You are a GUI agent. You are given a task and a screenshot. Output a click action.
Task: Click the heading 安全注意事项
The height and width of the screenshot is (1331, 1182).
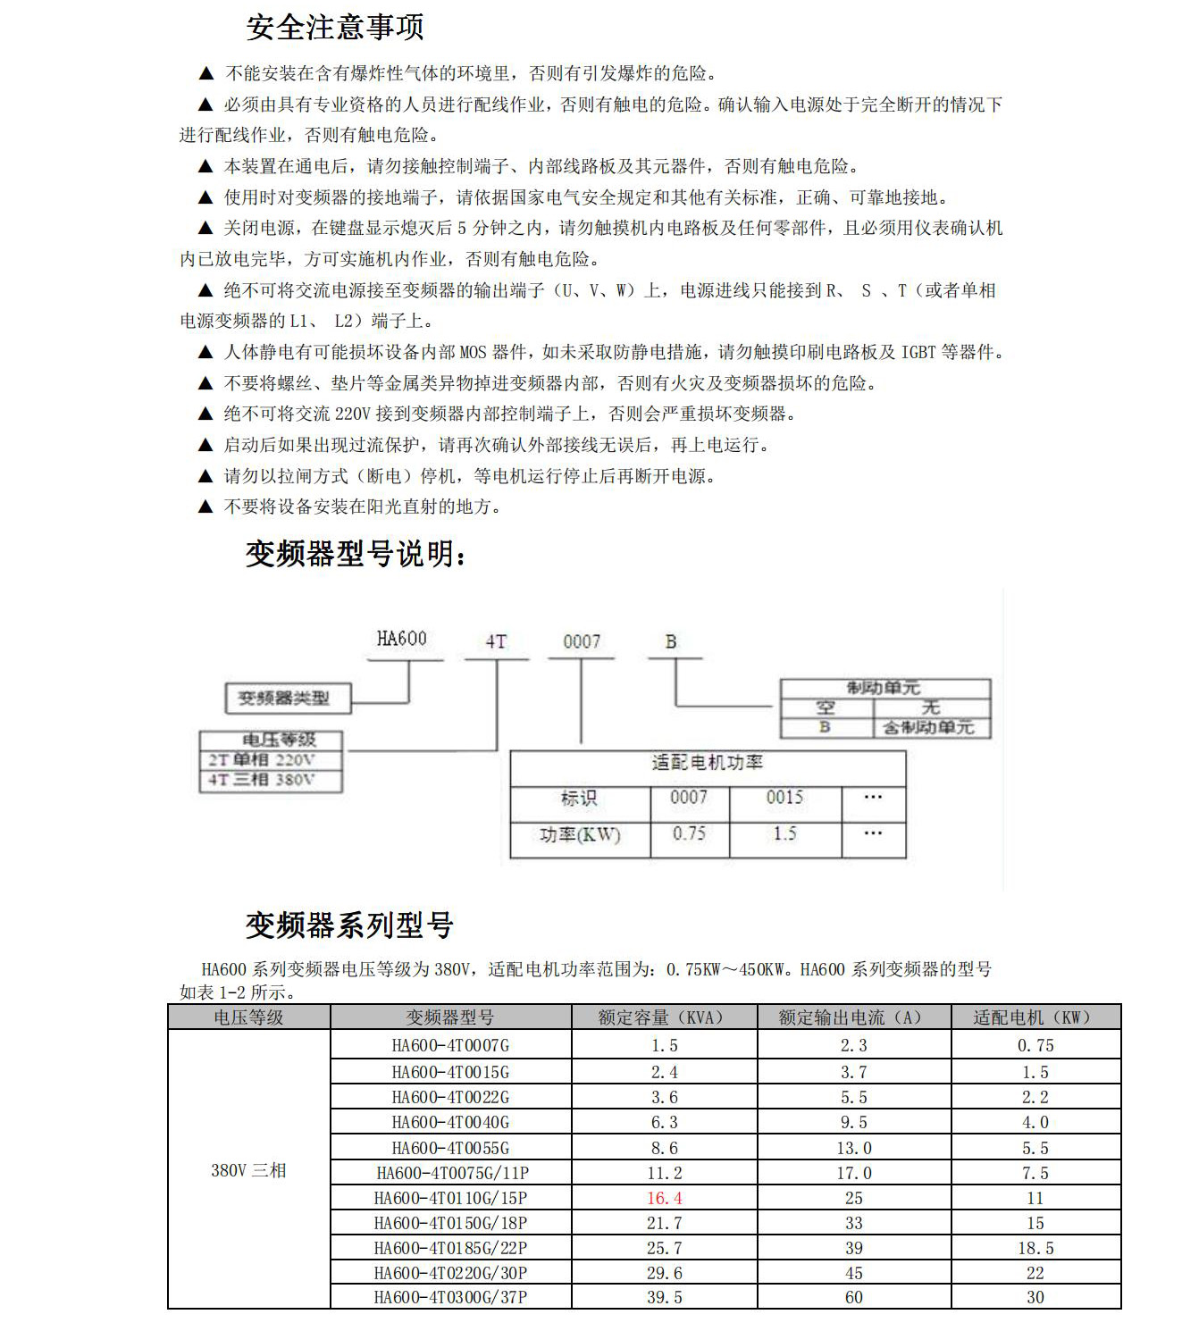tap(335, 28)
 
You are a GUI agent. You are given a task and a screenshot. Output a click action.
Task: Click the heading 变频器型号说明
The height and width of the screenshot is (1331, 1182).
tap(356, 555)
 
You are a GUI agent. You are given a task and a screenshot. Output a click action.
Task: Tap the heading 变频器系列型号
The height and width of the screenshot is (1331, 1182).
tap(349, 925)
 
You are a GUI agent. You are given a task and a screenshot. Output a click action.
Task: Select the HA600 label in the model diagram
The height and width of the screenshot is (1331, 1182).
tap(401, 639)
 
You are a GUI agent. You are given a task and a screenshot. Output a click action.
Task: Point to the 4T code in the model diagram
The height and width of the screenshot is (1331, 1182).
tap(496, 641)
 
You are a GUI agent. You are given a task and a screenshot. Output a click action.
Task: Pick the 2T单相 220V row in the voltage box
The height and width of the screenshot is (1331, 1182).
tap(262, 760)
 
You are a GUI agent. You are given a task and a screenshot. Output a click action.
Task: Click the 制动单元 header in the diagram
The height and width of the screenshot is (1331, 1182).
tap(884, 688)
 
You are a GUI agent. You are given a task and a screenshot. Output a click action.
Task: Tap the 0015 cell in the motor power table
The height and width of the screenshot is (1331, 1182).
tap(784, 798)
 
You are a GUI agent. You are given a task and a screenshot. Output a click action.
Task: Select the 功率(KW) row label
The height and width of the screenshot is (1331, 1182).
tap(580, 835)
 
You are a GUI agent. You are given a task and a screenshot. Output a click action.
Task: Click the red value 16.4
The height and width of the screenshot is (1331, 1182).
tap(665, 1198)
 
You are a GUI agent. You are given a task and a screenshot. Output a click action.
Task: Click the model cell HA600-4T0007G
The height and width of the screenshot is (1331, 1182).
tap(450, 1045)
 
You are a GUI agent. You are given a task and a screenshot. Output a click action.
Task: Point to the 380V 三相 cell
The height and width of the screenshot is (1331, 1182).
tap(248, 1170)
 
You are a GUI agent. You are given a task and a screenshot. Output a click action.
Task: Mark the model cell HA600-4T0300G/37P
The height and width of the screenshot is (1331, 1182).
tap(450, 1297)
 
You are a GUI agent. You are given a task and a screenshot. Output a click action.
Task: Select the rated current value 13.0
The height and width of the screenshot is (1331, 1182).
tap(853, 1148)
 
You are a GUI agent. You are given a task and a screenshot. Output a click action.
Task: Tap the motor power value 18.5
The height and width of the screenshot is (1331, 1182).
tap(1035, 1248)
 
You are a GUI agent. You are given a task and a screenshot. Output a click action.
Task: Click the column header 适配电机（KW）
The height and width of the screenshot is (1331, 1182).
tap(1034, 1017)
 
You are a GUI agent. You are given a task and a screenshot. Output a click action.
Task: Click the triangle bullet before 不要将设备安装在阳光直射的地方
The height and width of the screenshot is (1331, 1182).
tap(205, 507)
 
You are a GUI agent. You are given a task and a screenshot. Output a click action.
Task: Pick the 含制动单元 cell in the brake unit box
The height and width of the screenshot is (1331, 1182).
tap(928, 728)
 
